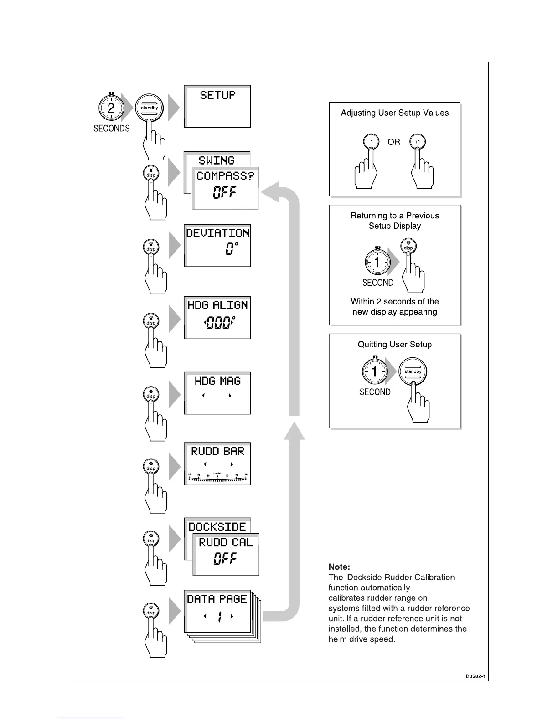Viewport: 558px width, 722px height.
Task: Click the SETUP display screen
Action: pos(217,106)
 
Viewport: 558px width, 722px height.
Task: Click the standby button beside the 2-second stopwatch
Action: pos(150,108)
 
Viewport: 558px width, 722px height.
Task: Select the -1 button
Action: pos(371,142)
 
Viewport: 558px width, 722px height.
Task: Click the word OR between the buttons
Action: pos(394,142)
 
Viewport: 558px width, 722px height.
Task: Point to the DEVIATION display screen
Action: pos(217,245)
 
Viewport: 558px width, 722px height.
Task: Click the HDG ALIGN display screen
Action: pos(217,318)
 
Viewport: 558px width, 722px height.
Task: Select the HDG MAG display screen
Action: pos(217,393)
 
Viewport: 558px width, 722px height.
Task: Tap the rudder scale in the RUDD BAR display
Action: pos(217,478)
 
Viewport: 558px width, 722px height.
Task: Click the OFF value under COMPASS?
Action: pos(225,193)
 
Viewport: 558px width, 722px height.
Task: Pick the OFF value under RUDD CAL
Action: pos(225,559)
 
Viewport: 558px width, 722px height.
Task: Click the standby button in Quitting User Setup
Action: pos(413,371)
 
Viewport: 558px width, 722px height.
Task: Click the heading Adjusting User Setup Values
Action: pos(395,113)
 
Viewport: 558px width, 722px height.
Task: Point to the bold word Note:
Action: pos(339,567)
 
